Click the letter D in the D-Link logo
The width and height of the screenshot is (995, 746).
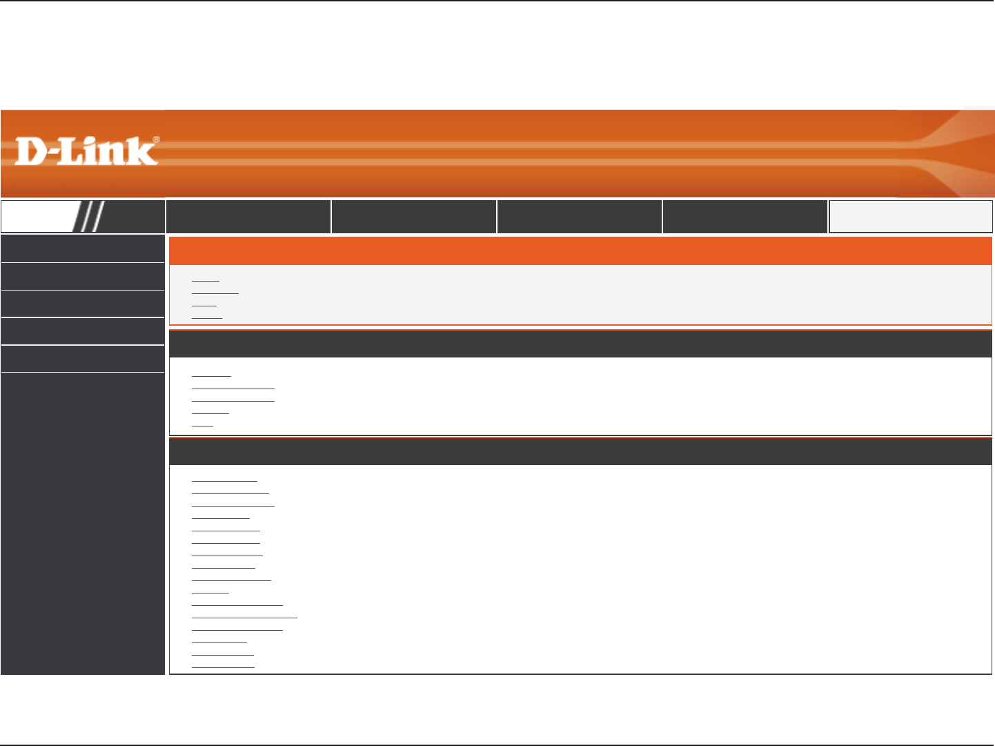[30, 151]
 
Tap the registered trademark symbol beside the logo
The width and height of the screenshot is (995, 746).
[156, 140]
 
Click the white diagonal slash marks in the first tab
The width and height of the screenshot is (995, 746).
[90, 217]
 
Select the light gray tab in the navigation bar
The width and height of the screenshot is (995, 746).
[910, 217]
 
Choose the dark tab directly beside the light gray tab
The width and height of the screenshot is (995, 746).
[745, 217]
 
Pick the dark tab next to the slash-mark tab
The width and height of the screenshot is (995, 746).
[248, 217]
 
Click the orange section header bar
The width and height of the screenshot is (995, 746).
[580, 251]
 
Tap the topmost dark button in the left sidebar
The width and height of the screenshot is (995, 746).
[83, 248]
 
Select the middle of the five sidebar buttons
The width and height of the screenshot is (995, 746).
[83, 304]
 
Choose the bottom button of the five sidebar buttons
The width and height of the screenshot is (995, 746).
[83, 359]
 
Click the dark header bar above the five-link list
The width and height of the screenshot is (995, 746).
[580, 344]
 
